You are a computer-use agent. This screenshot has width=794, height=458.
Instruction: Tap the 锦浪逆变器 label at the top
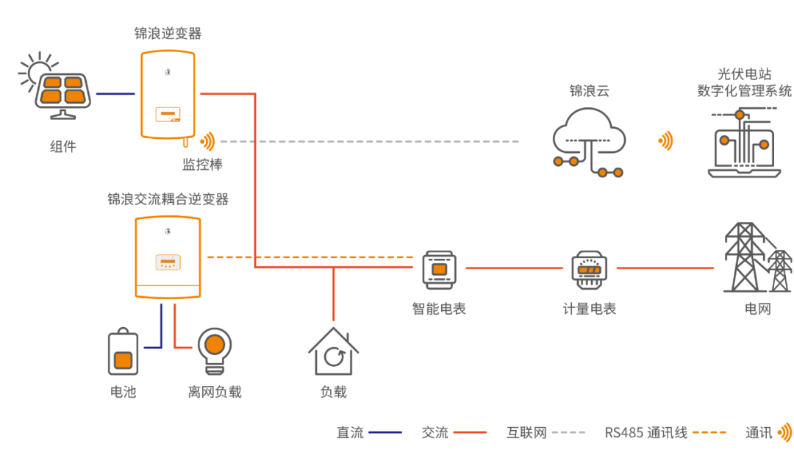coord(168,34)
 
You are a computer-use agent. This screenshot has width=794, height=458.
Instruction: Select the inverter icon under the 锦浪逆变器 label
coord(168,94)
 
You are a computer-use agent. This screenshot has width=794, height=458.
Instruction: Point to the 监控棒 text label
coord(202,165)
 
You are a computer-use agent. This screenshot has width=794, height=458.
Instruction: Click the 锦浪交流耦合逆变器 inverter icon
coord(168,257)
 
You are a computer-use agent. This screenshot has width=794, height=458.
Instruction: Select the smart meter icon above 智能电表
coord(439,270)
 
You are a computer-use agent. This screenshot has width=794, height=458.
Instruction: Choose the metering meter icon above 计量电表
coord(589,270)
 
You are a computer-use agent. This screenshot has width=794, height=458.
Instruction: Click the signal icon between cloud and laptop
coord(665,140)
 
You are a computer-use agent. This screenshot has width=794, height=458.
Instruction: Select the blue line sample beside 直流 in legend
coord(385,432)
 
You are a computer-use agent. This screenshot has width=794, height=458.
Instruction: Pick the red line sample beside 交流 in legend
coord(470,432)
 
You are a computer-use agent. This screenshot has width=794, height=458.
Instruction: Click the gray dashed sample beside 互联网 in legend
coord(568,432)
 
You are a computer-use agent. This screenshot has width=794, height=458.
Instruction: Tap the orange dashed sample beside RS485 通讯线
coord(709,432)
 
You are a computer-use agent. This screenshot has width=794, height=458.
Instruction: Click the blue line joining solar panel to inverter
coord(115,93)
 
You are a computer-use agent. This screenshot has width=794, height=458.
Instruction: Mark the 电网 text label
coord(757,309)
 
